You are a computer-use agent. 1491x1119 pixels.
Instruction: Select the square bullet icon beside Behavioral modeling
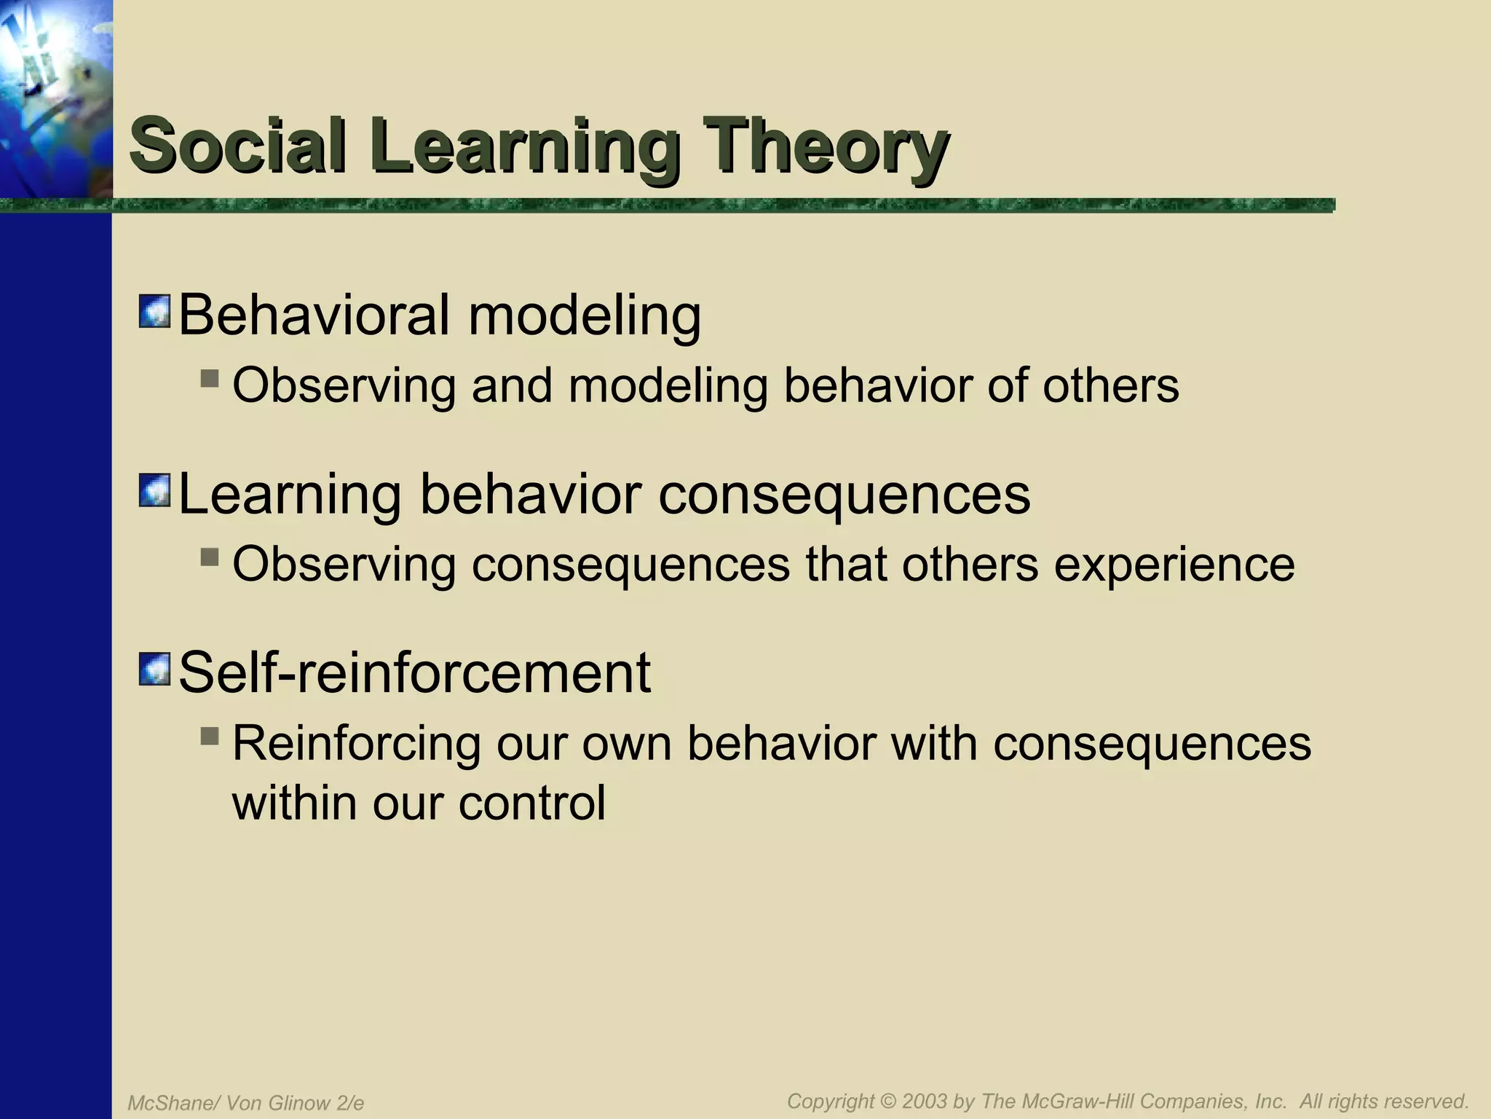click(154, 311)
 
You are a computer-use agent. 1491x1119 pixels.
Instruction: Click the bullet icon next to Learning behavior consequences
click(154, 490)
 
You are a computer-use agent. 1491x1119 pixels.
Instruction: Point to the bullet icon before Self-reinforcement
click(154, 670)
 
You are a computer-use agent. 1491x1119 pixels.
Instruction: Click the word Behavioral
click(314, 315)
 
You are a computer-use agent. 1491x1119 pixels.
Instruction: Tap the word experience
click(1174, 565)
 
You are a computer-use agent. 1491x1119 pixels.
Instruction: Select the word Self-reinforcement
click(414, 672)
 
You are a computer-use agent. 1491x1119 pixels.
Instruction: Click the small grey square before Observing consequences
click(210, 557)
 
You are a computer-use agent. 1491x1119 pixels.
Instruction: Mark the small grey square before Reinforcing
click(210, 737)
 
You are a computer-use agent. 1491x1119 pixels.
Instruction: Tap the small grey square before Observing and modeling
click(210, 378)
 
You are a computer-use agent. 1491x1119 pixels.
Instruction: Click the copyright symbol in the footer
click(887, 1101)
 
